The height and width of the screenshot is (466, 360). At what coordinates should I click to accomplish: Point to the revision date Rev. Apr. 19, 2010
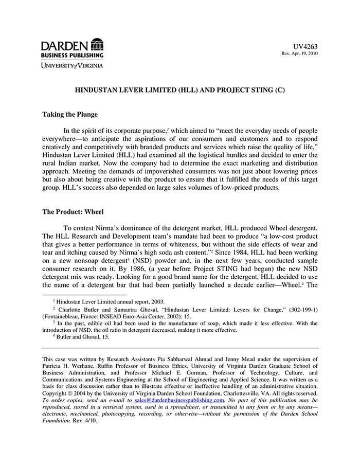point(299,53)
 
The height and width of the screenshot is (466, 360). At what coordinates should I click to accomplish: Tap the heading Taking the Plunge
point(70,114)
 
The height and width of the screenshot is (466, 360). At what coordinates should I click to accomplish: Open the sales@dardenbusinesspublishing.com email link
point(179,400)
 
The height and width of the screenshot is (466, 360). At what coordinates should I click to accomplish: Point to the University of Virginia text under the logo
point(73,65)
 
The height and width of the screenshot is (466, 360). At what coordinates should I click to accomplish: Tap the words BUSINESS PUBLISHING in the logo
point(73,55)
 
